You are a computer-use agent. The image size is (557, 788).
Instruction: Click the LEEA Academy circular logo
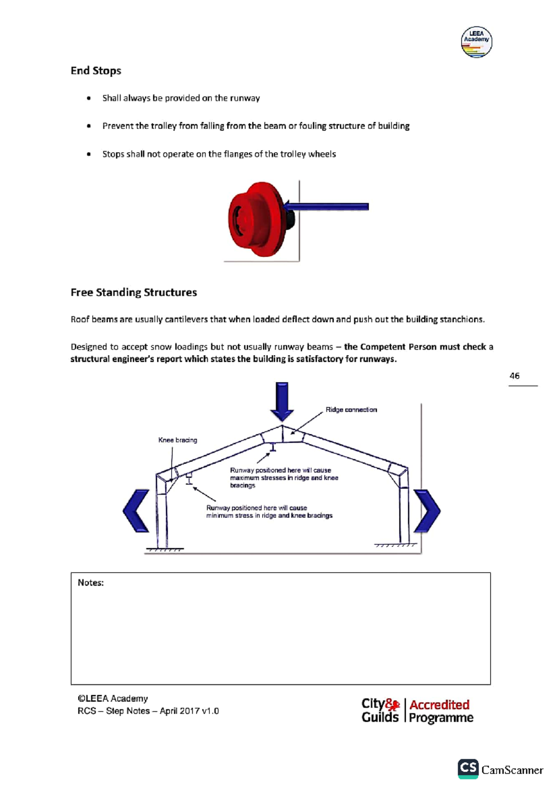[x=476, y=42]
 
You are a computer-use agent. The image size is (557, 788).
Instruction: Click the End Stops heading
[x=96, y=71]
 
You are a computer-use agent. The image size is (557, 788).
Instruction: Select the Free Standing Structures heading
[x=134, y=292]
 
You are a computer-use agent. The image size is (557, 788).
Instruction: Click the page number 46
[x=514, y=376]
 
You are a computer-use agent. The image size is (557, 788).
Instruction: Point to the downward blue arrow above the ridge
[x=282, y=400]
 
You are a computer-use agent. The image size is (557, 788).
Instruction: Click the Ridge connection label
[x=351, y=410]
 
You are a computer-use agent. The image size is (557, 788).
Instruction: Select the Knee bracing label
[x=177, y=440]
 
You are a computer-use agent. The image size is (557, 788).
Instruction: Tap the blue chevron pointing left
[x=136, y=510]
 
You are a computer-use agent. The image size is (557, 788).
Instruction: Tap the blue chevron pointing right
[x=427, y=510]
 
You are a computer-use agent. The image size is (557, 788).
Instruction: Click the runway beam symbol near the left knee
[x=189, y=479]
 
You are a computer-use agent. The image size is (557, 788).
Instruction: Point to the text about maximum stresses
[x=284, y=478]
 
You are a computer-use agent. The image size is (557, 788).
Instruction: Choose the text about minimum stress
[x=269, y=511]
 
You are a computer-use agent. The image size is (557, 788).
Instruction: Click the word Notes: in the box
[x=91, y=583]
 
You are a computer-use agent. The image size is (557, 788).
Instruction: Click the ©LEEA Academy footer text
[x=113, y=698]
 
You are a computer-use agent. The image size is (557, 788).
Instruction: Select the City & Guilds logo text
[x=380, y=710]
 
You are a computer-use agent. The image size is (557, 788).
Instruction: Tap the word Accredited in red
[x=439, y=704]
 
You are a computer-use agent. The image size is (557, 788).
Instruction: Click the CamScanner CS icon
[x=468, y=769]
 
